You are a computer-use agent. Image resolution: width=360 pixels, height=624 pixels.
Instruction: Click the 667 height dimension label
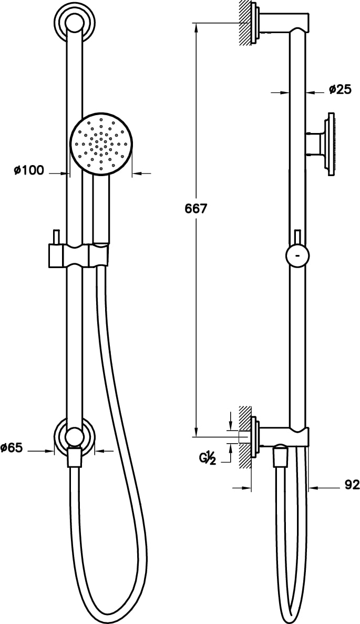(x=196, y=209)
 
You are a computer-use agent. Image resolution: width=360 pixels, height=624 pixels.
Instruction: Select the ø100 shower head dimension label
(x=29, y=170)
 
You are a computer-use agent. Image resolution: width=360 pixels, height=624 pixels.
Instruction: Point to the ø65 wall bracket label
(x=12, y=448)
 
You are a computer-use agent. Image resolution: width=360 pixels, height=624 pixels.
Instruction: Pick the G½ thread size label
(x=208, y=458)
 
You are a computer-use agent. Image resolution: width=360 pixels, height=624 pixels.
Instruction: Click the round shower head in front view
(x=101, y=142)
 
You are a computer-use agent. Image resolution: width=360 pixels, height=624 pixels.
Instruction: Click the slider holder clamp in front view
(x=79, y=255)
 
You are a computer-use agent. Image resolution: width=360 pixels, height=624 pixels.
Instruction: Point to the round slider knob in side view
(x=297, y=256)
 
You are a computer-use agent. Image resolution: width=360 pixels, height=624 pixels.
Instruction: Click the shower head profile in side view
(x=330, y=143)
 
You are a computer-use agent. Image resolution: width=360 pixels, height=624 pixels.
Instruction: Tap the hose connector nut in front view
(x=75, y=457)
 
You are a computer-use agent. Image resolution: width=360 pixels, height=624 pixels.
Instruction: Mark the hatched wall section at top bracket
(x=245, y=24)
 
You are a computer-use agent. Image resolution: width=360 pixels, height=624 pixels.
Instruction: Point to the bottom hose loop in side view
(x=292, y=612)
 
